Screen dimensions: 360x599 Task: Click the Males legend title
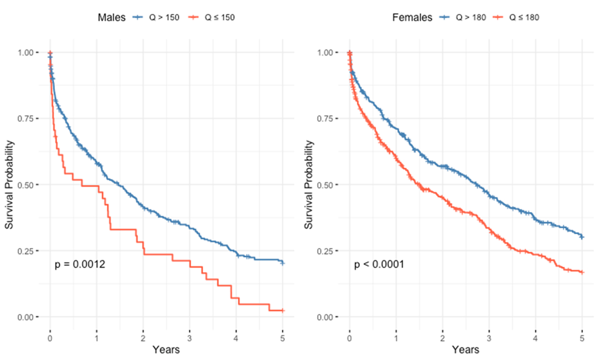coord(112,17)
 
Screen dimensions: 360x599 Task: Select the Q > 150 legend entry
coord(158,17)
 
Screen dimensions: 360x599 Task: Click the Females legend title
coord(412,17)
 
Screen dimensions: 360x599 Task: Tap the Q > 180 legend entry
coord(463,17)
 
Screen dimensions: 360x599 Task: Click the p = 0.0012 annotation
coord(80,264)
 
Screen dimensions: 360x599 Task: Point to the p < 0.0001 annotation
coord(379,264)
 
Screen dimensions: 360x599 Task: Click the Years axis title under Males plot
coord(166,349)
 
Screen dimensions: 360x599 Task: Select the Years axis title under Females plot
coord(465,349)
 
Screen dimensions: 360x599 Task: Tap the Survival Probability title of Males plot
coord(10,185)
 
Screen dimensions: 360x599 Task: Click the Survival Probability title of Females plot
coord(309,185)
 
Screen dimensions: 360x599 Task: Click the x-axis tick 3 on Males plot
coord(189,336)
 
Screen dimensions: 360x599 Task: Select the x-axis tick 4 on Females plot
coord(535,336)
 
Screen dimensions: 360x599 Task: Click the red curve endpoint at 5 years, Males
coord(282,310)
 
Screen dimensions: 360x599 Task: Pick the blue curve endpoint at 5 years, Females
coord(582,237)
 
